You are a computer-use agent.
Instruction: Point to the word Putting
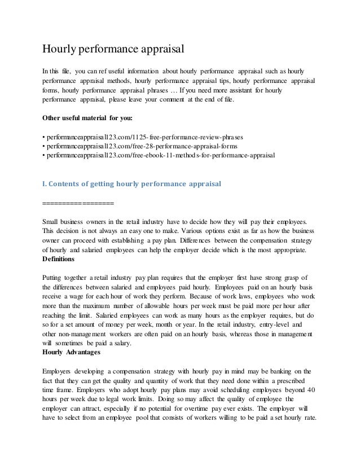click(55, 278)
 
